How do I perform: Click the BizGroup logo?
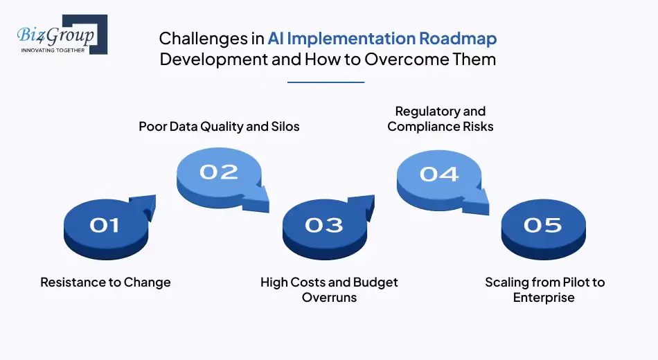(61, 34)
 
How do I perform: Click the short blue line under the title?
(326, 82)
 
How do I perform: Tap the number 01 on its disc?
(104, 225)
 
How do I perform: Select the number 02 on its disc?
(218, 172)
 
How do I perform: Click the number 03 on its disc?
(323, 225)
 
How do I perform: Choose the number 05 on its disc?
(542, 225)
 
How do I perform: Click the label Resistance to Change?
(105, 282)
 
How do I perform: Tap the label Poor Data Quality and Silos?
(219, 127)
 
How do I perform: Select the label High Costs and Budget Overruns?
(329, 290)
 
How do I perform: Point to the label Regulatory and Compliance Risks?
(441, 119)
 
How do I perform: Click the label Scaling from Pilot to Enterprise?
(544, 290)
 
